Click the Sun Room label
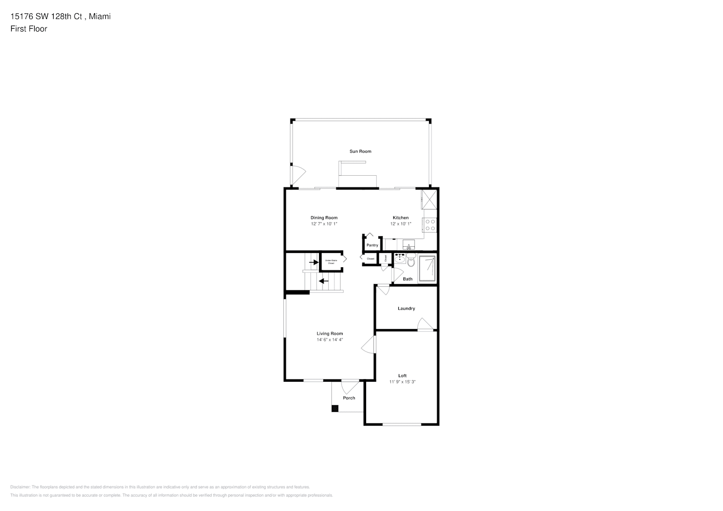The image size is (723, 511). [x=360, y=151]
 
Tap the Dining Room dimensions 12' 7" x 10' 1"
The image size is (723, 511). [x=324, y=224]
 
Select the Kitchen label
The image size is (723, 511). [x=400, y=218]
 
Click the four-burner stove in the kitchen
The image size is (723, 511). [x=430, y=225]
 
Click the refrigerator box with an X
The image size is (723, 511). [x=428, y=199]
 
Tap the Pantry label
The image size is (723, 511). [x=372, y=245]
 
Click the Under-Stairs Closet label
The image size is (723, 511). [x=331, y=262]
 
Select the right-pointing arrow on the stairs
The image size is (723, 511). [x=312, y=263]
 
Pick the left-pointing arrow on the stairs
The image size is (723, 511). [x=323, y=281]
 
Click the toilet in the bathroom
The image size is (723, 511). [x=411, y=261]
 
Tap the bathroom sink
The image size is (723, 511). [x=400, y=259]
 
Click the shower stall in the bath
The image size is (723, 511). [x=427, y=269]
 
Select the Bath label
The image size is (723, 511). [x=408, y=279]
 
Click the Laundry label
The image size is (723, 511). [x=406, y=309]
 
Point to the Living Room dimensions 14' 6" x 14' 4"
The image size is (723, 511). [x=330, y=339]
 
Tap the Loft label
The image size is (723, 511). [x=402, y=376]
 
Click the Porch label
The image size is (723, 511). [x=349, y=398]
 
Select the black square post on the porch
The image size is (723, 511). [x=335, y=408]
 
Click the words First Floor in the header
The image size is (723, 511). [x=29, y=29]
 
